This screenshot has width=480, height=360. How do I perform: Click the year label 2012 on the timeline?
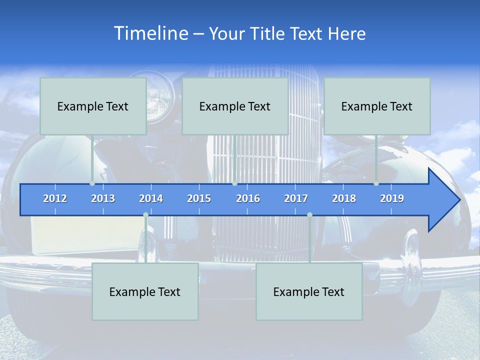(55, 198)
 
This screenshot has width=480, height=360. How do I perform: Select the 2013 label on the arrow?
(103, 198)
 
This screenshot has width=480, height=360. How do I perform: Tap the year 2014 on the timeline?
(151, 198)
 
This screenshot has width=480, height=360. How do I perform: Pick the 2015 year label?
(199, 198)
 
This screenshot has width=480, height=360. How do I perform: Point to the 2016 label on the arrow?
(248, 198)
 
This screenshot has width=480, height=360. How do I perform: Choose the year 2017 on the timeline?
(296, 198)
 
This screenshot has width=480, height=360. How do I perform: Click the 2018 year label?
(344, 198)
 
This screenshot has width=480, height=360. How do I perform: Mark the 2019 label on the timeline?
(392, 198)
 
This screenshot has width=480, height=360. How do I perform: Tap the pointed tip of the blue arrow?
(458, 200)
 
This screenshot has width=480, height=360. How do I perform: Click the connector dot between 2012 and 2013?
(92, 183)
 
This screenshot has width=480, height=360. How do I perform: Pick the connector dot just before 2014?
(145, 215)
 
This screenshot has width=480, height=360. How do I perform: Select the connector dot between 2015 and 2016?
(234, 183)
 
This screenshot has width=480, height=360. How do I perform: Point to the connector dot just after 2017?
(309, 215)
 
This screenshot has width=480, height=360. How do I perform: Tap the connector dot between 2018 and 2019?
(376, 183)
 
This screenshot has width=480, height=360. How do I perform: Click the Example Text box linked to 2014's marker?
(145, 291)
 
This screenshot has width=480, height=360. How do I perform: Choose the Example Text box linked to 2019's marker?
(377, 106)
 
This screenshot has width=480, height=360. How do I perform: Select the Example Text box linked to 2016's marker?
(235, 106)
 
